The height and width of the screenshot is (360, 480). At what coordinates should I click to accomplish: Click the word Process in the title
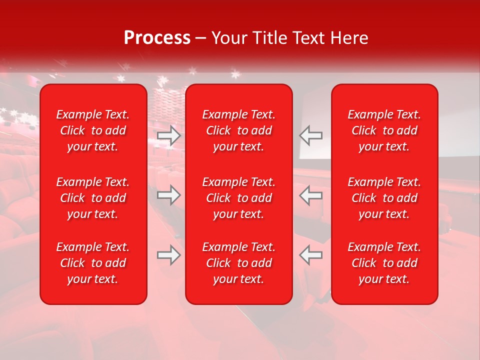click(157, 38)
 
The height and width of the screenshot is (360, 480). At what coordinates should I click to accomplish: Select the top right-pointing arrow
click(169, 135)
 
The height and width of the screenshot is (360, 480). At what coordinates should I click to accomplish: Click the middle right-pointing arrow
click(169, 195)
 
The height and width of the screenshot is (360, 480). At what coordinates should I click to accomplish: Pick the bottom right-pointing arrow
click(169, 255)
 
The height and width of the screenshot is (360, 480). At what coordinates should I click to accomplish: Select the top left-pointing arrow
click(310, 135)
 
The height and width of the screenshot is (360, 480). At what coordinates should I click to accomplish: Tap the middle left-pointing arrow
click(310, 195)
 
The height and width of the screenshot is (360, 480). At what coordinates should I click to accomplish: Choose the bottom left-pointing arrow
click(310, 255)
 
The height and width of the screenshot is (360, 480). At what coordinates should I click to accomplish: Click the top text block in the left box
click(93, 130)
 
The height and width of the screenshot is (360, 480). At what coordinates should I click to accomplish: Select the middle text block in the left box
click(93, 198)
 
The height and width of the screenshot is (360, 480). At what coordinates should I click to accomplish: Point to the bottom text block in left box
click(93, 263)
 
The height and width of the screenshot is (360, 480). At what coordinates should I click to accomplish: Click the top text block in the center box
click(238, 130)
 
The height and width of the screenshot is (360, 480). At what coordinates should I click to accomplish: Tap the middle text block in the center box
click(238, 198)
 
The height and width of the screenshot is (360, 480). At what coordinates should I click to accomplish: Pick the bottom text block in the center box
click(238, 263)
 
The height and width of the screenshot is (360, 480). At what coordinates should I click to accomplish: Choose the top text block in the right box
click(384, 130)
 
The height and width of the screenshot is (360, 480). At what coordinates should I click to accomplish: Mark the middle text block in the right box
click(384, 198)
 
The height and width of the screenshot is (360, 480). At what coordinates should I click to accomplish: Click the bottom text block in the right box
click(384, 263)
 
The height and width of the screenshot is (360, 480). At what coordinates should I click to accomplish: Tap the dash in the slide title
click(200, 38)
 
